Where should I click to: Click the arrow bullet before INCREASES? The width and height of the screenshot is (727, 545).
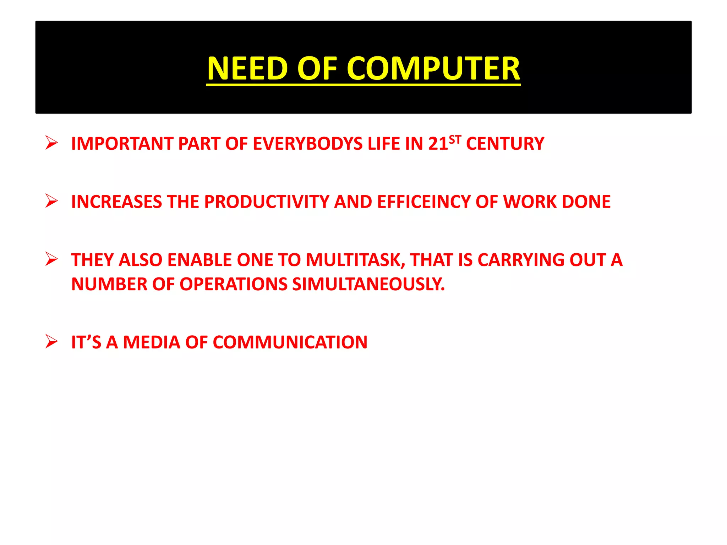coord(52,201)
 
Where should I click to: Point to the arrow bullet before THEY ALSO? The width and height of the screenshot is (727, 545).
coord(52,259)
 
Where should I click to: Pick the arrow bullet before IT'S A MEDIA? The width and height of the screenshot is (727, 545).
coord(52,341)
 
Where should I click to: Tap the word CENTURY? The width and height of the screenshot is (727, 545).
coord(505,144)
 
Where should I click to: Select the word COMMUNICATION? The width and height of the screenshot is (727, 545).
coord(290,342)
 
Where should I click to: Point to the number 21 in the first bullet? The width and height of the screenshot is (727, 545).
coord(438,144)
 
